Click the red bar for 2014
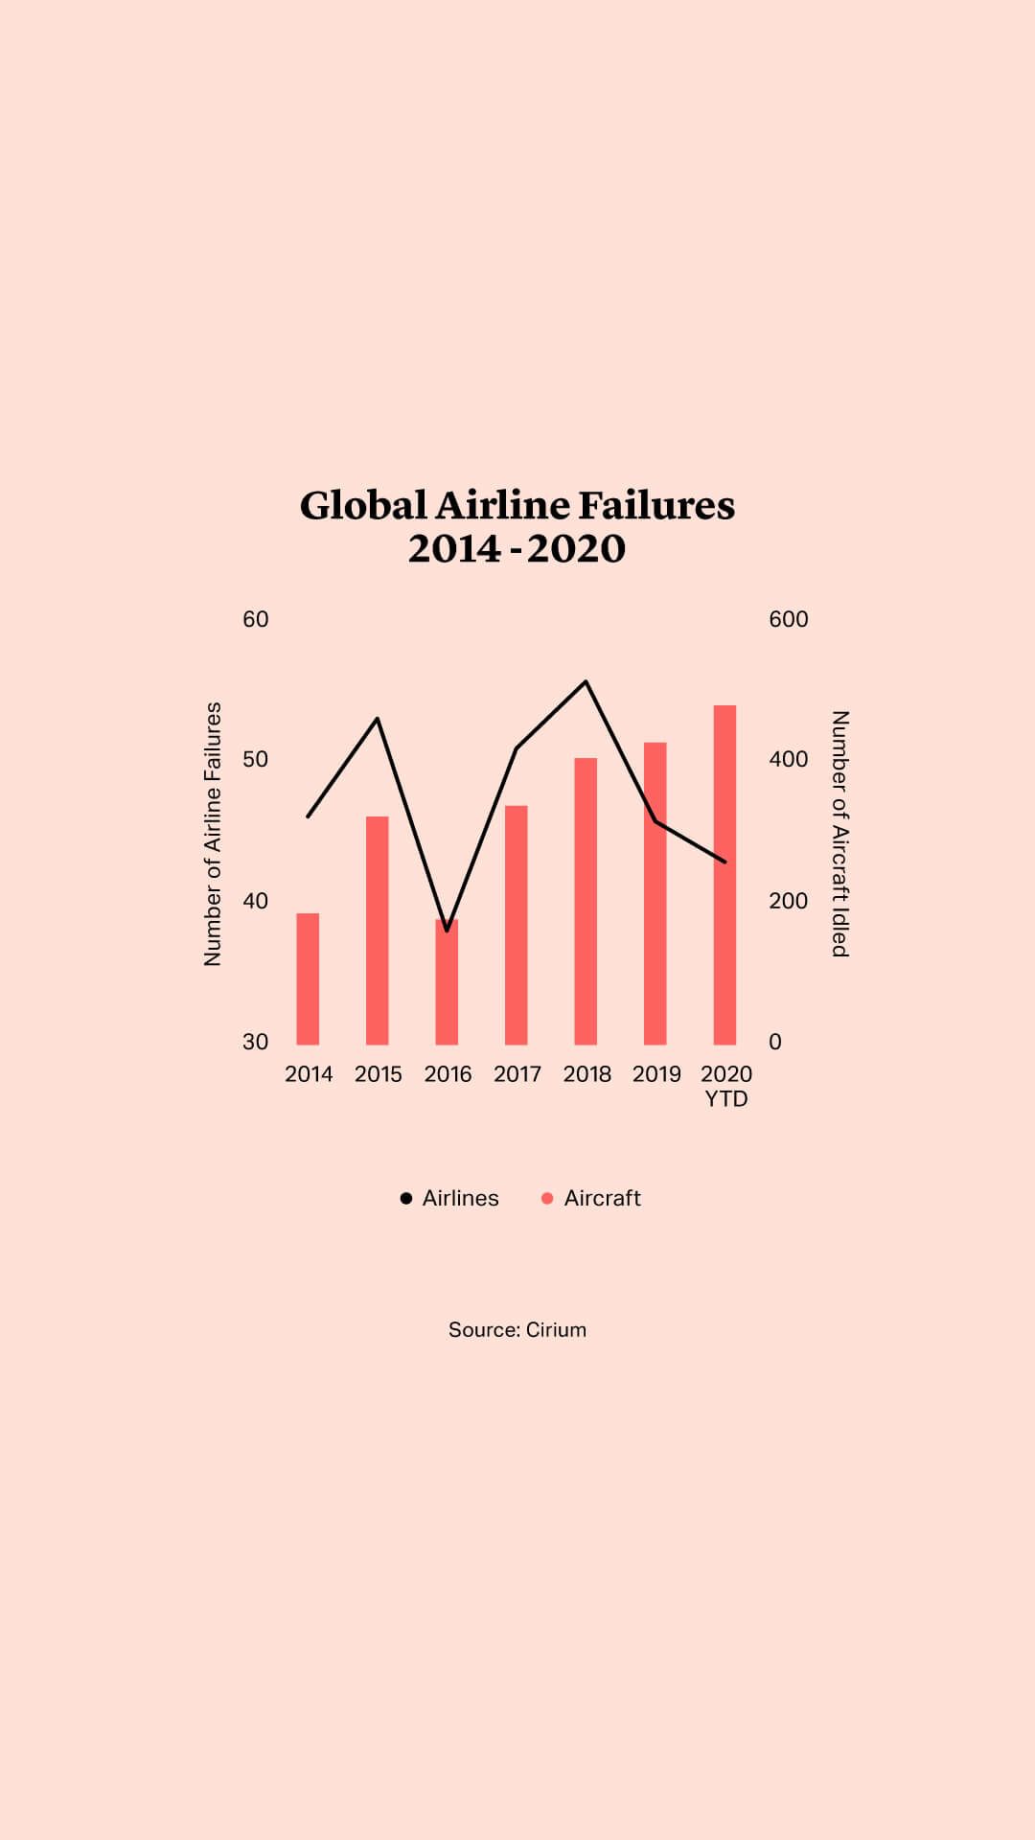308,978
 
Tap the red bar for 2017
517,925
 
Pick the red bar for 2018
586,901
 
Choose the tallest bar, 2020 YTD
724,874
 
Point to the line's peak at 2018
586,681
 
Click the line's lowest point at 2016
447,930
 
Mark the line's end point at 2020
724,862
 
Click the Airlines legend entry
449,1198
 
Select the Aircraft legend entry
591,1198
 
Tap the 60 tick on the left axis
255,619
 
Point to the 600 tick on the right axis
789,619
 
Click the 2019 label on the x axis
656,1073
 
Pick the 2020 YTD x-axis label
726,1086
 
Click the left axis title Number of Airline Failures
213,834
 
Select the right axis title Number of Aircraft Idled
840,834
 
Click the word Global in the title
363,505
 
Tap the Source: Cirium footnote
517,1329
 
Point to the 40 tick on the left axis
255,901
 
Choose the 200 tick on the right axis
789,901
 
